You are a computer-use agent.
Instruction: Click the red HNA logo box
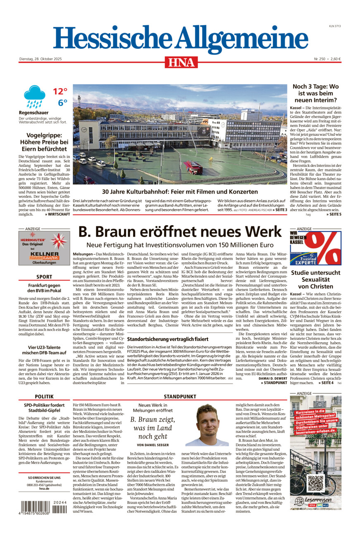[x=181, y=62]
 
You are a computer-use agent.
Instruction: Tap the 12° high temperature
[x=60, y=91]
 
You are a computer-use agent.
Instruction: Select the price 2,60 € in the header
[x=334, y=59]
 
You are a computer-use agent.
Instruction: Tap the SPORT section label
[x=44, y=277]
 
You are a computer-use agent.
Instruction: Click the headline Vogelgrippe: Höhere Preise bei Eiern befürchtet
[x=44, y=141]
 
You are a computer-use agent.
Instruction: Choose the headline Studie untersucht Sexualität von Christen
[x=315, y=280]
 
